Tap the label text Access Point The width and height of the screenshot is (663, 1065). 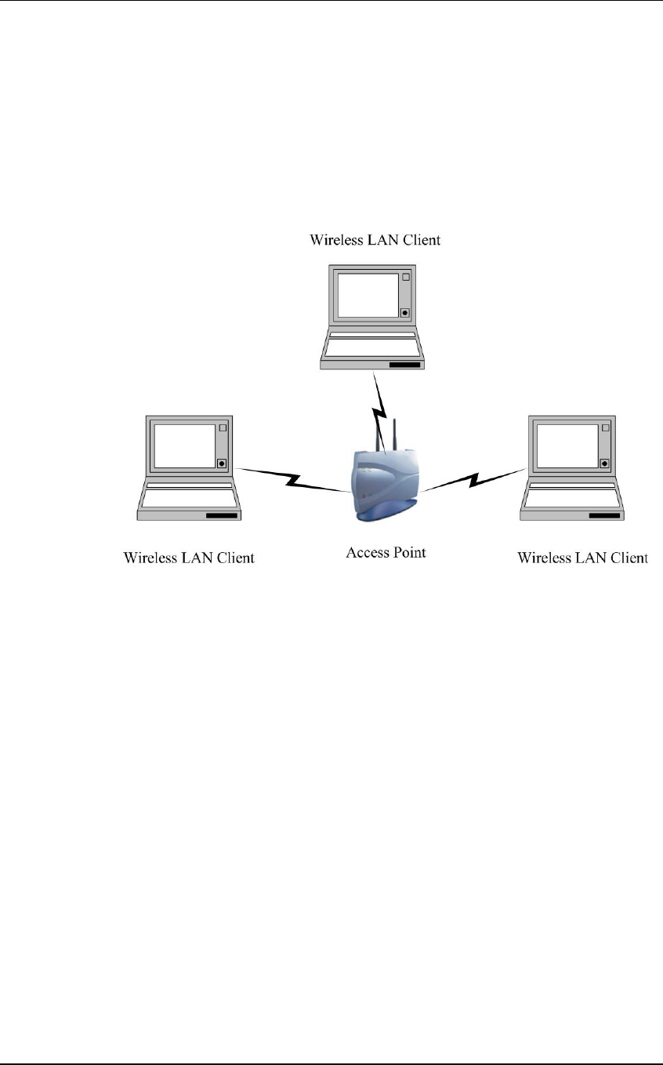click(x=386, y=552)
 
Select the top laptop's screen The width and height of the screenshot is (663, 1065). click(x=368, y=295)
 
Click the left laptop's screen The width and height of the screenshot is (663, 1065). click(x=184, y=445)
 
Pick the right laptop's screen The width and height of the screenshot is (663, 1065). click(x=567, y=445)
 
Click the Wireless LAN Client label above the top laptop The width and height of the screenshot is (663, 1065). click(x=375, y=240)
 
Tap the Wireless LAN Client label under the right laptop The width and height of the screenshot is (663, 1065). click(x=582, y=558)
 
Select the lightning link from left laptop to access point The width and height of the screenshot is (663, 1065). click(x=294, y=480)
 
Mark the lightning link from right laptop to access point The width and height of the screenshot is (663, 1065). click(x=472, y=479)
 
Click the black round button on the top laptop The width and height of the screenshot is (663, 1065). click(x=404, y=313)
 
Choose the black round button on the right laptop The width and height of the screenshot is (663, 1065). click(x=604, y=463)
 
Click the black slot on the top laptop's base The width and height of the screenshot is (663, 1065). click(x=405, y=365)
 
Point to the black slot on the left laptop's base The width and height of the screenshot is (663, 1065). click(x=222, y=516)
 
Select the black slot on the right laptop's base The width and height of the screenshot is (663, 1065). click(x=605, y=516)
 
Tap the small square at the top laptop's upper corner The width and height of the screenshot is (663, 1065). click(x=405, y=278)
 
